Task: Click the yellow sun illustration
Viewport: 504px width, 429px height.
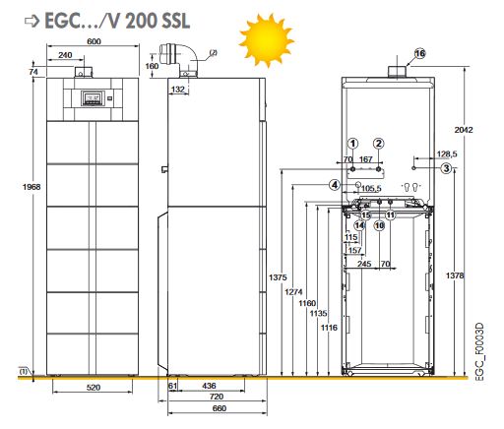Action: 267,39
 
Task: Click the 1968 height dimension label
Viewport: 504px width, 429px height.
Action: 31,187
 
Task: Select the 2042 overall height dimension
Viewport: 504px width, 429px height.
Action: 464,130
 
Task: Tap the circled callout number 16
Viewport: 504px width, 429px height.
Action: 420,53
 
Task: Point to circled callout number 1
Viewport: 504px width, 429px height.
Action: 352,144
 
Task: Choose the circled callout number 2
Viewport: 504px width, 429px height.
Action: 379,144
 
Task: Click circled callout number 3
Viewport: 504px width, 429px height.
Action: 446,168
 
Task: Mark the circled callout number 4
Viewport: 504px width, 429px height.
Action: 335,185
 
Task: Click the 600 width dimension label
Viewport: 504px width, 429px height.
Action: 94,41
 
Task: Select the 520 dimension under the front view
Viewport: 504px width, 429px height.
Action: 94,388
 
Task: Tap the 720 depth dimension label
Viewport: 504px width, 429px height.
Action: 217,397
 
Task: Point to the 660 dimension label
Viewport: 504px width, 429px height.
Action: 220,408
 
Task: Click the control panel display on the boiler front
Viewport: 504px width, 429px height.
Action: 94,98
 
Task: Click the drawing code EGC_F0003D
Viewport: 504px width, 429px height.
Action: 479,352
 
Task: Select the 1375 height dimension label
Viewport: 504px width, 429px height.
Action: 278,277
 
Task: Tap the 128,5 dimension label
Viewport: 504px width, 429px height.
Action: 447,153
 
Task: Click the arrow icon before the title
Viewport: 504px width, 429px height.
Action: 31,21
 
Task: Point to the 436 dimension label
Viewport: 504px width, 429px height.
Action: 209,386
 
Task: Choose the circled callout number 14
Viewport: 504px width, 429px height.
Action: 359,225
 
